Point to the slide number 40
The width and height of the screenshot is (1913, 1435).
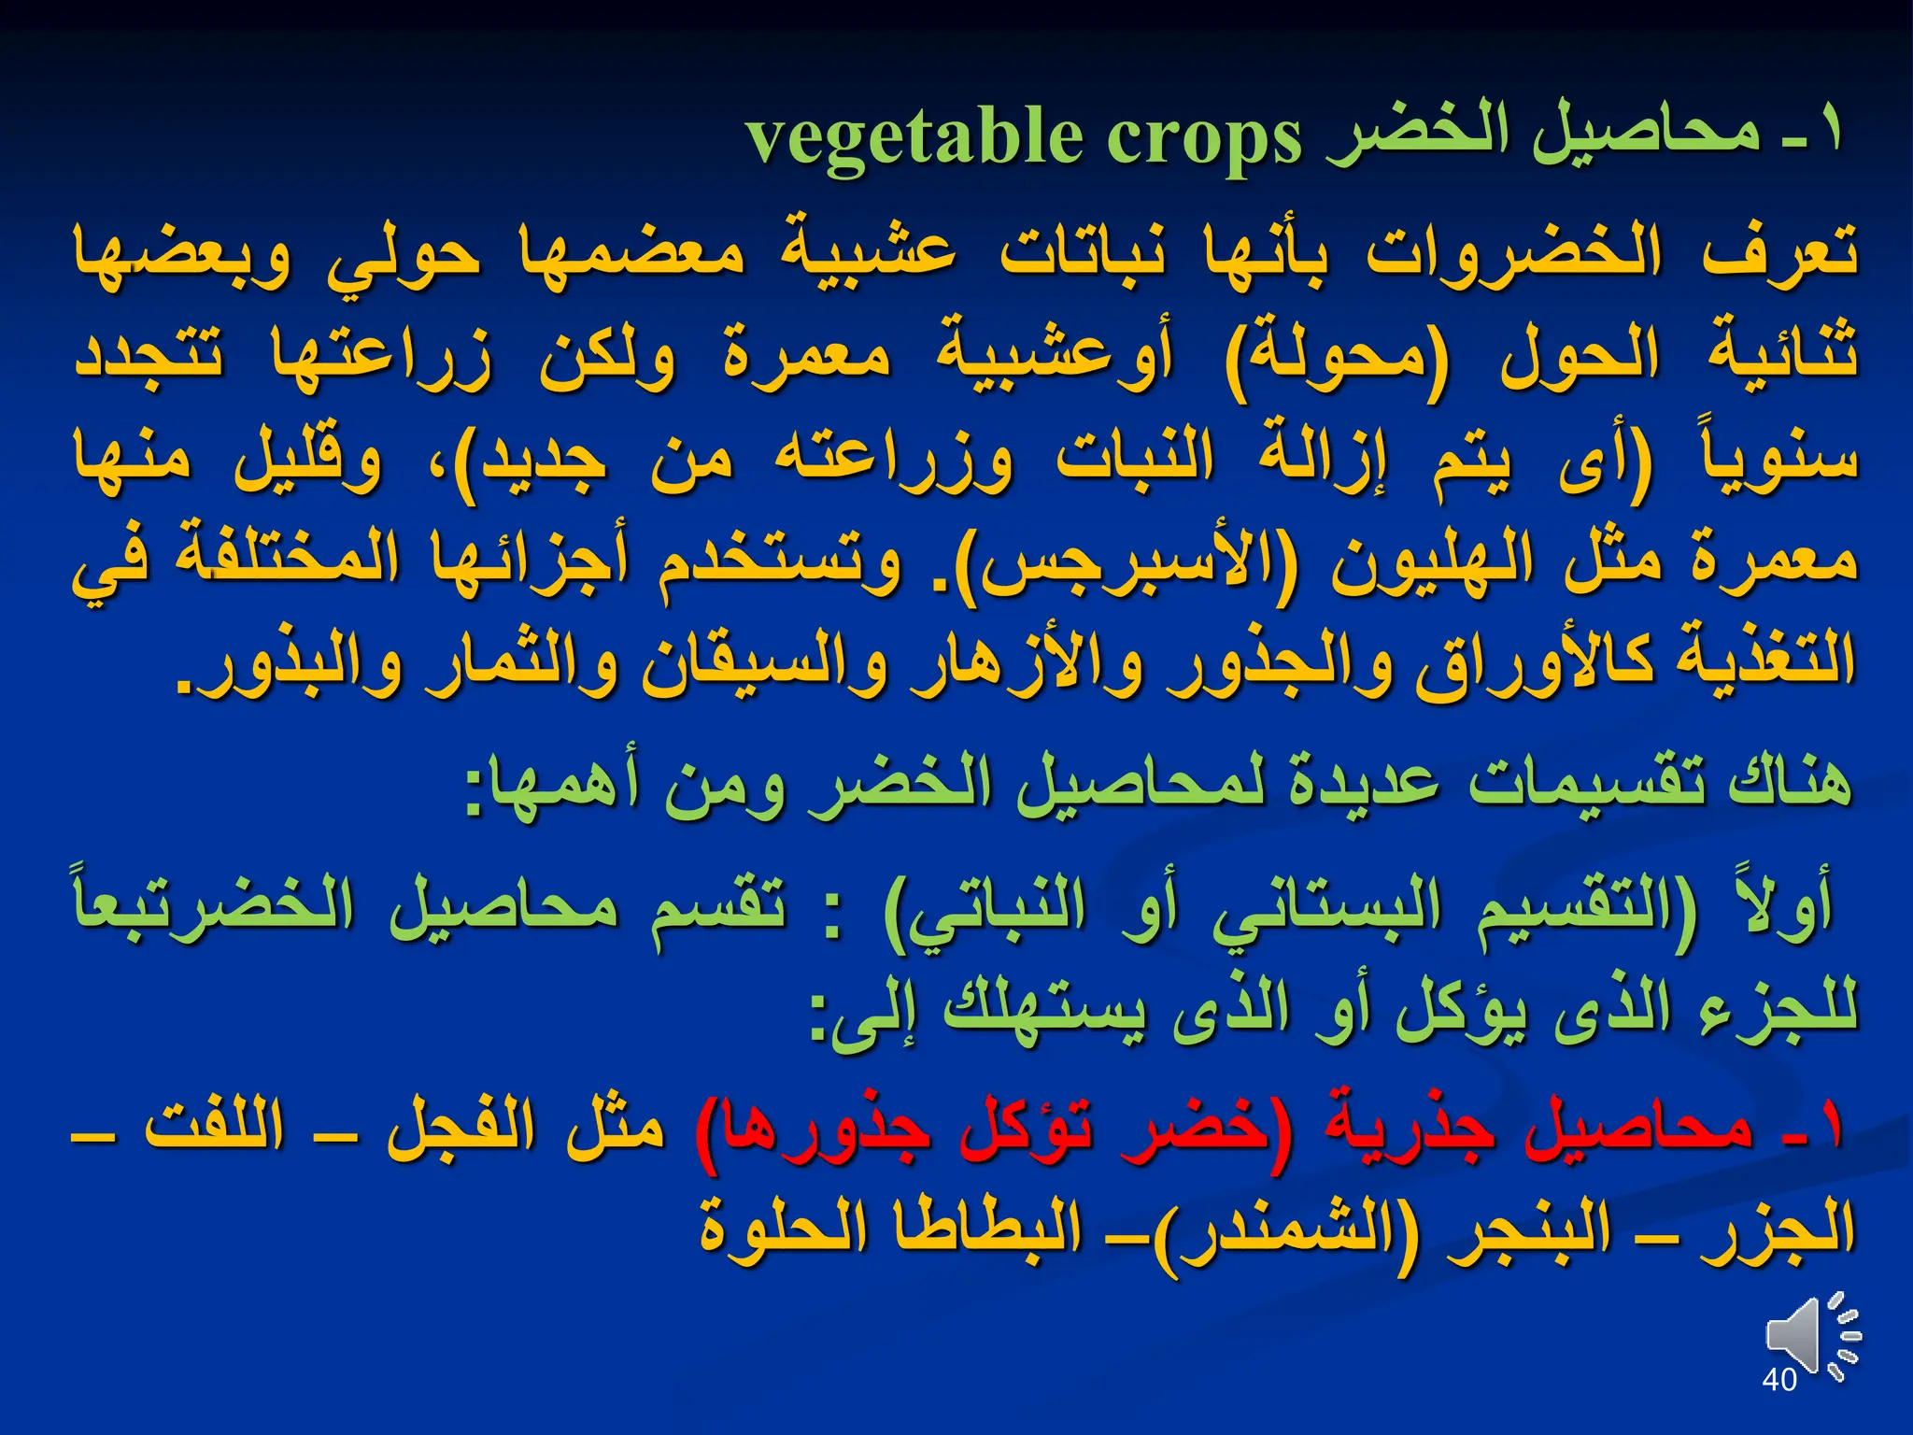[1778, 1380]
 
